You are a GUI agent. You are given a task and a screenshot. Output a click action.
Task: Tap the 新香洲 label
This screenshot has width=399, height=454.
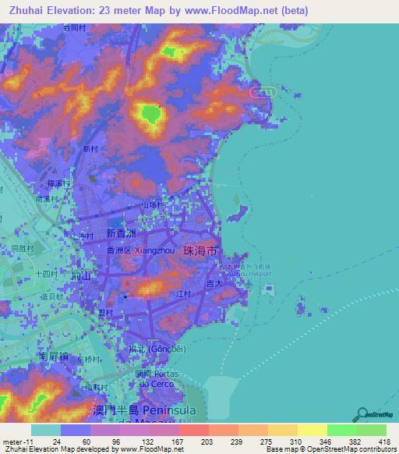pos(121,234)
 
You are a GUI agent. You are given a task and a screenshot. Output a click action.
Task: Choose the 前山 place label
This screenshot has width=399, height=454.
pos(81,276)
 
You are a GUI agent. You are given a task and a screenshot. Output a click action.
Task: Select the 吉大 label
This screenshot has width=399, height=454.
pos(215,286)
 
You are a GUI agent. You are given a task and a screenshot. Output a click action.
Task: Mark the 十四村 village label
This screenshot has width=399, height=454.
pos(47,274)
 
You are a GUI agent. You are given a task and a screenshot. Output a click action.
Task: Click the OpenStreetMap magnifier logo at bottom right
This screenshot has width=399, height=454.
pos(362,413)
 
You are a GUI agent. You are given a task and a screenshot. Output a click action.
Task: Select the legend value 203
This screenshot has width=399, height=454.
pos(206,442)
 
